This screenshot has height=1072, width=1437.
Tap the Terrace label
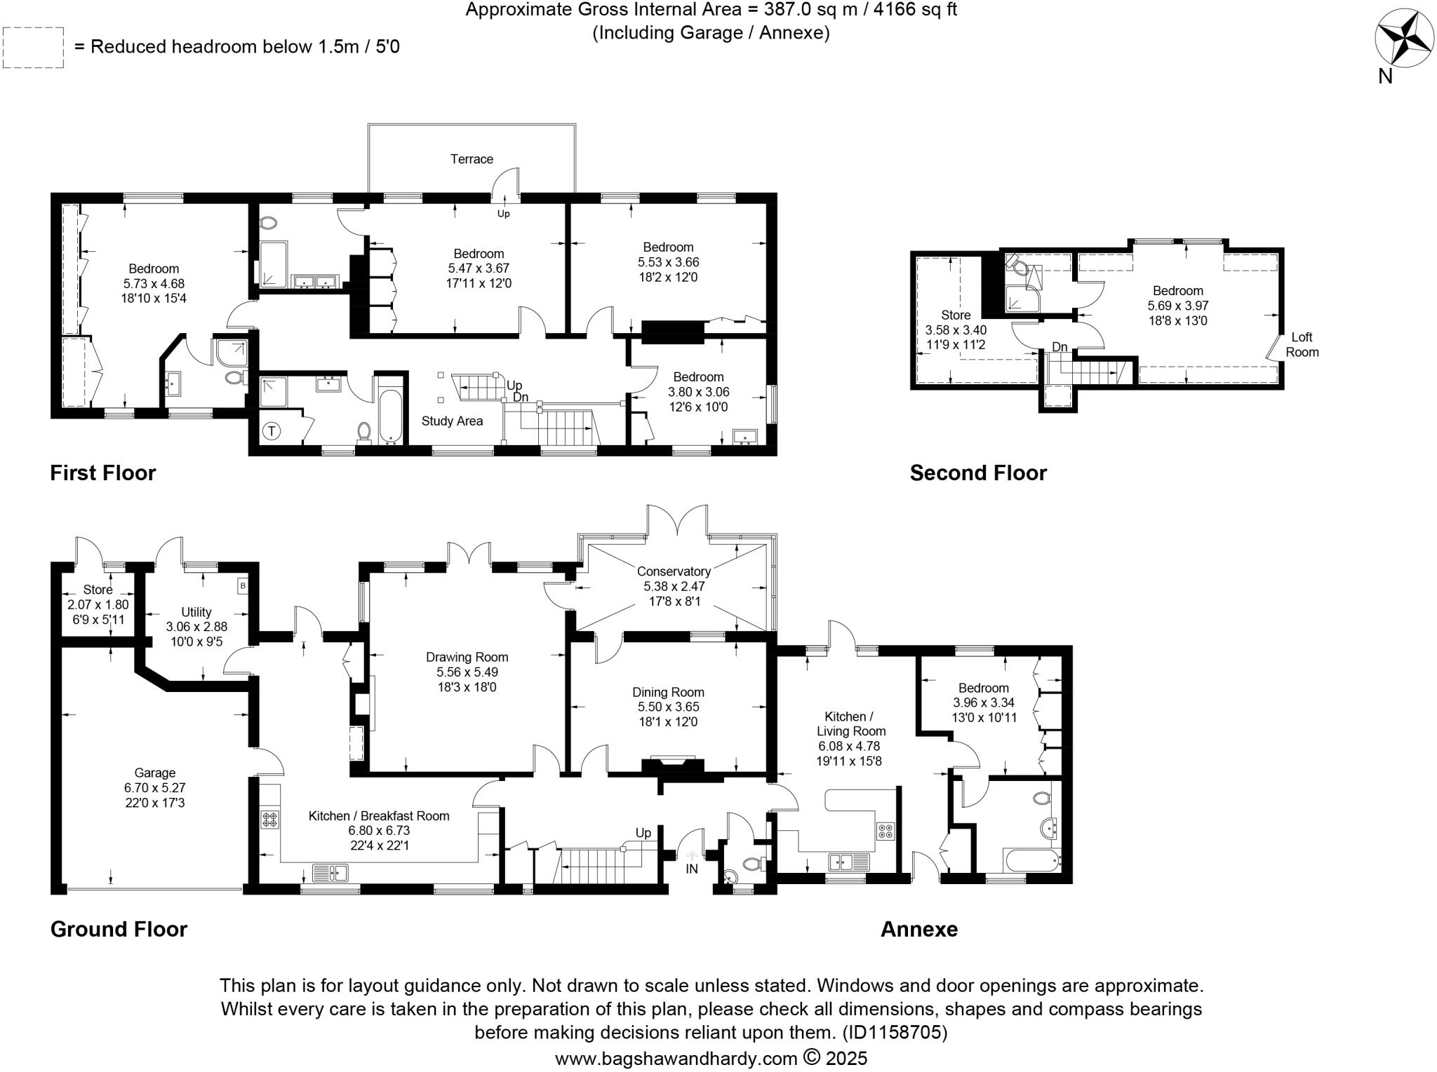coord(472,159)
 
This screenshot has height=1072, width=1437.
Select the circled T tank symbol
coord(272,431)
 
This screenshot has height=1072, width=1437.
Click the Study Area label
coord(452,421)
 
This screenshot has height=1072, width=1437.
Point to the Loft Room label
coord(1302,344)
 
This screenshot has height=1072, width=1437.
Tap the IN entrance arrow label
coord(692,869)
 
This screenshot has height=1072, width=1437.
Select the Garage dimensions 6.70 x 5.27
coord(154,787)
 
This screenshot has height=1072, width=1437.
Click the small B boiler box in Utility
coord(243,585)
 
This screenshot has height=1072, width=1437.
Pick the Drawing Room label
coord(467,657)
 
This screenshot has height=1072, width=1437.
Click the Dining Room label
coord(668,692)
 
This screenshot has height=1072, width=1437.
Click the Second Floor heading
coord(977,473)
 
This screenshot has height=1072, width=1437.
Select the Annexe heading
coord(918,929)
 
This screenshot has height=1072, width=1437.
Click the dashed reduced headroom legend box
coord(33,47)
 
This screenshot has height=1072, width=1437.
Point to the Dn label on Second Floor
coord(1060,347)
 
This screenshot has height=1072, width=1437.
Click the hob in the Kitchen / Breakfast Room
coord(270,818)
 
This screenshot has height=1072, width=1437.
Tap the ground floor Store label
coord(98,590)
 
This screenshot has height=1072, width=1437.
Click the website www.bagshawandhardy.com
coord(676,1058)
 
